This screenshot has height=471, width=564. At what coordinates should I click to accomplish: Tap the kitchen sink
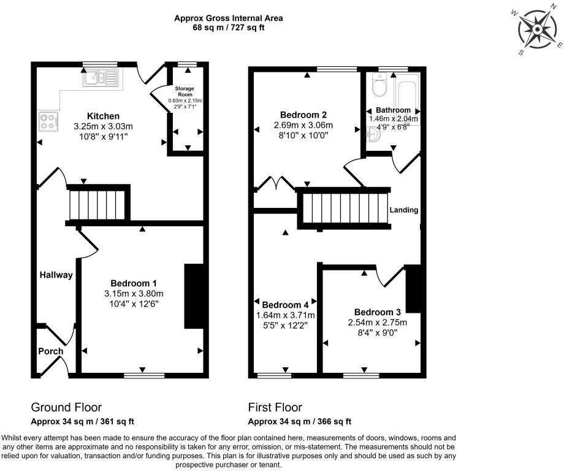[102, 78]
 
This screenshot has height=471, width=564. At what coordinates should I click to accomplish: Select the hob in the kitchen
[48, 120]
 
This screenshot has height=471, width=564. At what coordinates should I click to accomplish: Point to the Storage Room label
[185, 92]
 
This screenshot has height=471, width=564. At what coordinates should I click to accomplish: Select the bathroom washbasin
[375, 134]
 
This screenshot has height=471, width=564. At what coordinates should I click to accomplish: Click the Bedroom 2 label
[303, 115]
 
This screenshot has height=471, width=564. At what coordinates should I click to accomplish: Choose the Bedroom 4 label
[285, 305]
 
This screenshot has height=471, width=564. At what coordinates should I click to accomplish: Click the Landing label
[404, 210]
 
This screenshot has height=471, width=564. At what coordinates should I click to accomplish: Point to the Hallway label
[56, 275]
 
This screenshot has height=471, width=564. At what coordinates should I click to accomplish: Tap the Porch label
[51, 351]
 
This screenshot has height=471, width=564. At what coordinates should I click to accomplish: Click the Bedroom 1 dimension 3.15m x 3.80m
[134, 293]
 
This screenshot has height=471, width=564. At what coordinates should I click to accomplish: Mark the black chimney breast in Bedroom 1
[194, 297]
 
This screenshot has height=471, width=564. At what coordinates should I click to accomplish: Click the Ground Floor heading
[66, 407]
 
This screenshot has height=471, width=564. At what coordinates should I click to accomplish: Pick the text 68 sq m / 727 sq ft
[228, 28]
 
